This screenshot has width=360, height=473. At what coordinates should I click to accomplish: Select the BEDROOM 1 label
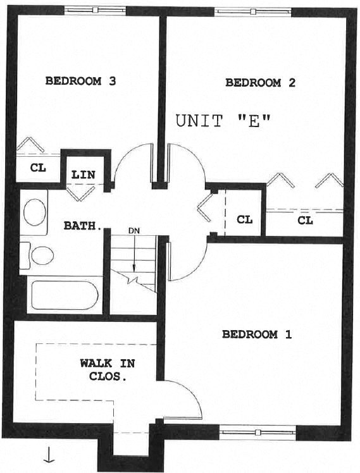pos(257,335)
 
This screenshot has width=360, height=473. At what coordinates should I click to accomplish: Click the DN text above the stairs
pos(133,231)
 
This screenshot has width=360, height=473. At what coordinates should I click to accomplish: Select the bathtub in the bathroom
pos(63,295)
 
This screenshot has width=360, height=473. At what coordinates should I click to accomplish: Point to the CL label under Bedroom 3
pos(37,169)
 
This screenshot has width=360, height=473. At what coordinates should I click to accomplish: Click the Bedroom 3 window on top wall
pos(95,10)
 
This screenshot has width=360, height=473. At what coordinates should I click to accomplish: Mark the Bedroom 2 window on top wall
pos(252,11)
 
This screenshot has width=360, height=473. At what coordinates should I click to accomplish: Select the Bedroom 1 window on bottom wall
pos(257,433)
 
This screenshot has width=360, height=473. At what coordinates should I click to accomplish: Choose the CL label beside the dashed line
pos(244,220)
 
